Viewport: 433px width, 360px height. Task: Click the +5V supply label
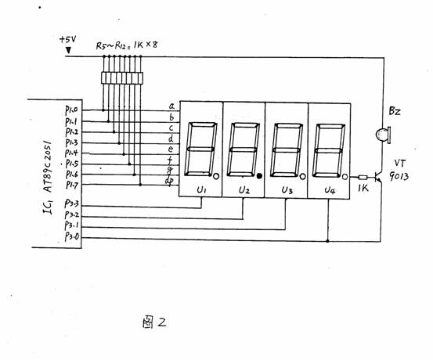[67, 39]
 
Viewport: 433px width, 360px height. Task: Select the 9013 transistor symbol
[378, 178]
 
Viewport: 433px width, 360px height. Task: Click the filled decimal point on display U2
[259, 176]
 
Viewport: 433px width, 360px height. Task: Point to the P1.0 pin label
[71, 110]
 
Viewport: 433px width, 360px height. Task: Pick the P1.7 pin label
[71, 185]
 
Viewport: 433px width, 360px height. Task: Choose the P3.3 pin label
[71, 203]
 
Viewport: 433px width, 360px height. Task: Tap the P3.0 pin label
[72, 236]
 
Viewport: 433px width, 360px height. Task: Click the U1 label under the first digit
[201, 189]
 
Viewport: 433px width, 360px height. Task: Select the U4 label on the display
[330, 190]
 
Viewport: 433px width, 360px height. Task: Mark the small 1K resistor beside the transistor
[363, 178]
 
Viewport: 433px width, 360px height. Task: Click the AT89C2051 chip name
[48, 167]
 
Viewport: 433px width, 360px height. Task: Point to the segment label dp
[168, 181]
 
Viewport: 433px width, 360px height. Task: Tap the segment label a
[171, 106]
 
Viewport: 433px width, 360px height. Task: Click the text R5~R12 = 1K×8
[127, 45]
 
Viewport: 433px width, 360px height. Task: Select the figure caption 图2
[154, 322]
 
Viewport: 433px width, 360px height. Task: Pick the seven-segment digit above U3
[287, 150]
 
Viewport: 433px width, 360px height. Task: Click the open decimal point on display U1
[216, 176]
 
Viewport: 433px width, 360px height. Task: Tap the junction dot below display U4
[328, 241]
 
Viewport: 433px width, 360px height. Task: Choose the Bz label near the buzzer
[395, 111]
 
